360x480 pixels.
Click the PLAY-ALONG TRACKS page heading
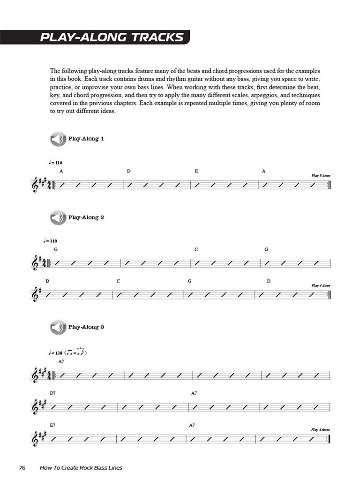[x=112, y=37]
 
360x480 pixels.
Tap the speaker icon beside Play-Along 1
[x=58, y=139]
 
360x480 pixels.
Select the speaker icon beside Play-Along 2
[x=58, y=217]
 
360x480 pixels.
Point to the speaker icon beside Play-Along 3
[x=58, y=327]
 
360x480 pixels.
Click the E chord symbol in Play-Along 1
[x=196, y=172]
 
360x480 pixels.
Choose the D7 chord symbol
[x=53, y=393]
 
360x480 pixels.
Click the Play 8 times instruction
[x=321, y=175]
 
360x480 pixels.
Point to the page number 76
[x=22, y=468]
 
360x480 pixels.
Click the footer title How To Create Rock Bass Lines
[x=81, y=468]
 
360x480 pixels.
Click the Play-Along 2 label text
[x=86, y=217]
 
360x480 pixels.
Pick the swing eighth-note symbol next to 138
[x=77, y=352]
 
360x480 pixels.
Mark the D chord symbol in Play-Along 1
[x=128, y=172]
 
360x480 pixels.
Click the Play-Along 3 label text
[x=86, y=327]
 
